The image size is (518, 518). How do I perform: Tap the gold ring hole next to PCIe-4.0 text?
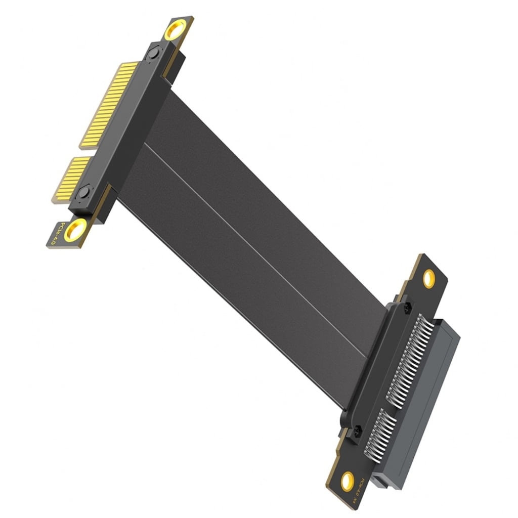[x=75, y=230]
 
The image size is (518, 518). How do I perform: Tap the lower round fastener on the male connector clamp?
[x=84, y=192]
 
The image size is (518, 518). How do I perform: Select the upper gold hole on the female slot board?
[x=428, y=278]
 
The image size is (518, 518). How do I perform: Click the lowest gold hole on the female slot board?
[x=347, y=480]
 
